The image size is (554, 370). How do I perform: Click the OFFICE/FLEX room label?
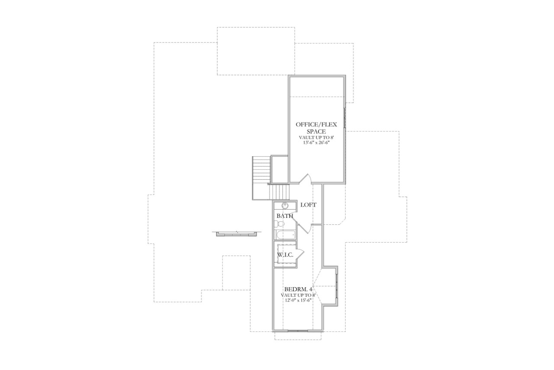(x=310, y=124)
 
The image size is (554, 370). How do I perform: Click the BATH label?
(x=285, y=216)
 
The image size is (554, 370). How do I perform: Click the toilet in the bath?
(x=279, y=224)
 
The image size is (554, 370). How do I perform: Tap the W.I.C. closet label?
(x=286, y=255)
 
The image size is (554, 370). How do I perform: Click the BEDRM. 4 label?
(x=298, y=289)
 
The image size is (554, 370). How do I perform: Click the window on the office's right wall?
(x=345, y=117)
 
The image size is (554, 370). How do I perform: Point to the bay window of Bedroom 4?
(x=336, y=287)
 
